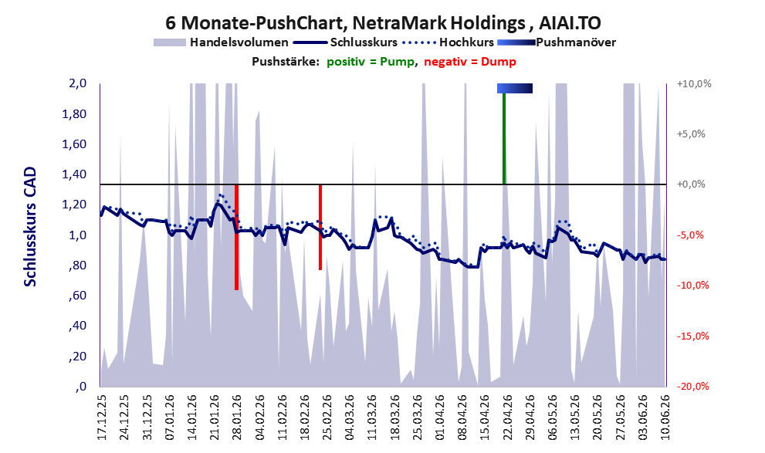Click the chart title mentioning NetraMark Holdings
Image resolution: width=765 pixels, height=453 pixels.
point(383,22)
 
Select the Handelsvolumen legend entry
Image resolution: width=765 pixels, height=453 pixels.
point(221,42)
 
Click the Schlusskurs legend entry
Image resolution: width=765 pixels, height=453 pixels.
point(345,42)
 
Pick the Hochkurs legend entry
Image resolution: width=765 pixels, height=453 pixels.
point(449,42)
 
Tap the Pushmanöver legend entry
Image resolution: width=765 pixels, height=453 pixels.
point(557,42)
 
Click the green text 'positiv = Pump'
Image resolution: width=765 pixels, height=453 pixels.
point(371,62)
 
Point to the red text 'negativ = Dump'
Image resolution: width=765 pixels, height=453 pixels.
point(470,62)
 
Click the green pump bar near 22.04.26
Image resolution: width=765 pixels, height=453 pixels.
point(504,138)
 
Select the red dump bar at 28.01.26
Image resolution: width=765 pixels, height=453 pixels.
point(237,238)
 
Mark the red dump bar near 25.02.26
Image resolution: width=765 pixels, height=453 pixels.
point(320,227)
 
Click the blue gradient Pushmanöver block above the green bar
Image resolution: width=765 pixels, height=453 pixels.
point(515,88)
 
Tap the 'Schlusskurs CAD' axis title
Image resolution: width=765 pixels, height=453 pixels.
point(30,227)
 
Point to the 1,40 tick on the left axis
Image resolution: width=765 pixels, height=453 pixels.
point(74,174)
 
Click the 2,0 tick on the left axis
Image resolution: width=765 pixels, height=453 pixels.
point(77,83)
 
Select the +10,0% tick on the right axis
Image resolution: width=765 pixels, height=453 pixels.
point(694,84)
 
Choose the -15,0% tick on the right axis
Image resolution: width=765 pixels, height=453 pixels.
point(692,336)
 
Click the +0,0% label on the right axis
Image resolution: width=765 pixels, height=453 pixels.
point(691,184)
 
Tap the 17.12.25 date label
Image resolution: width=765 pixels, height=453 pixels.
point(102,417)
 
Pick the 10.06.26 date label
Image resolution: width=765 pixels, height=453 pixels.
point(665,417)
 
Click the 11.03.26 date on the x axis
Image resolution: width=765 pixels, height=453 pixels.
point(372,417)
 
